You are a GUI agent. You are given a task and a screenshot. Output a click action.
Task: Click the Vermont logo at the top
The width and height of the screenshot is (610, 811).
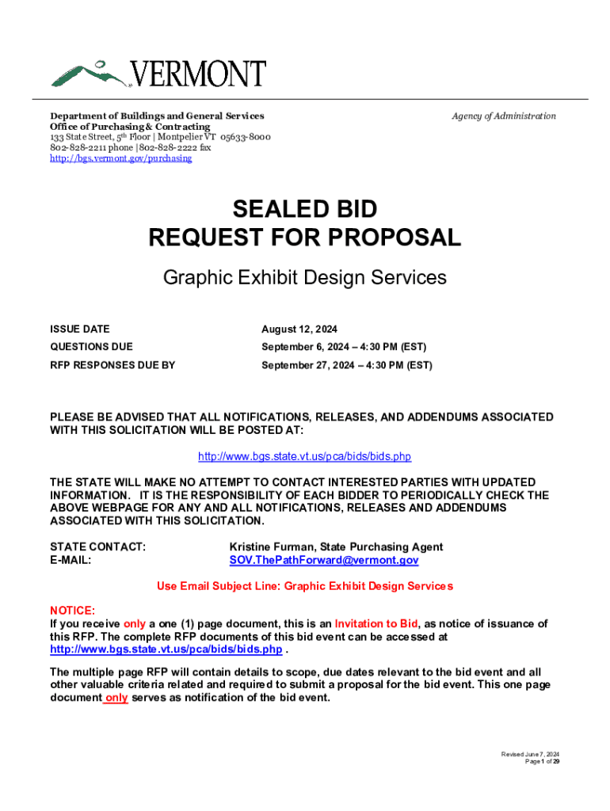[x=158, y=73]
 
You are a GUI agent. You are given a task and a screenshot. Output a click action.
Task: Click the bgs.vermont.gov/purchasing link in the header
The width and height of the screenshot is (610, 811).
[x=120, y=158]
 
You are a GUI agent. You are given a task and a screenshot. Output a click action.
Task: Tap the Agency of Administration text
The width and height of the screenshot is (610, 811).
[x=504, y=116]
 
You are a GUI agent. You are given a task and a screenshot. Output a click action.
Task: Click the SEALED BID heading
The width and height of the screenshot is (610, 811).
[x=304, y=210]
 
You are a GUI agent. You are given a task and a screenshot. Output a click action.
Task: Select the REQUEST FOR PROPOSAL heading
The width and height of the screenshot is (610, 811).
[x=304, y=237]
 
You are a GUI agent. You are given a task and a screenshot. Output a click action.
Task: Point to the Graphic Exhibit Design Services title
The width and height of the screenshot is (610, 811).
[x=304, y=278]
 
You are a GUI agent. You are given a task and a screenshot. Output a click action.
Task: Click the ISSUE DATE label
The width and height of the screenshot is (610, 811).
[x=80, y=329]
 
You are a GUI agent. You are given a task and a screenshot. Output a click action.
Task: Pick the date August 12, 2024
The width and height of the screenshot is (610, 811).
[x=299, y=329]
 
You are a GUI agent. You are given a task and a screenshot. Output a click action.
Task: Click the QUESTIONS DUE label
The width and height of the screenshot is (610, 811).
[x=91, y=347]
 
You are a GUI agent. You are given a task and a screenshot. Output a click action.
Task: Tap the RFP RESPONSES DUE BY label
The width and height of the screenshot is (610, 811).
[x=112, y=365]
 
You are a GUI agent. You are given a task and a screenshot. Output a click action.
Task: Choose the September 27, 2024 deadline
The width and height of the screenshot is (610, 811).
[x=346, y=365]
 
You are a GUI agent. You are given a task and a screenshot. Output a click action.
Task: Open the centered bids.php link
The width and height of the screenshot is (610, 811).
[x=304, y=457]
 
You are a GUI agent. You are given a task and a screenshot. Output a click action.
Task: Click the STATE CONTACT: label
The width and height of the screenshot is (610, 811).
[x=97, y=547]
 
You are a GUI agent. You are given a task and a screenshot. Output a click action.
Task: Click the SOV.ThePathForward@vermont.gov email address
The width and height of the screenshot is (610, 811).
[x=323, y=561]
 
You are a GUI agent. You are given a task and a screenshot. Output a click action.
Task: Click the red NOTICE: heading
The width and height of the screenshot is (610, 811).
[x=72, y=611]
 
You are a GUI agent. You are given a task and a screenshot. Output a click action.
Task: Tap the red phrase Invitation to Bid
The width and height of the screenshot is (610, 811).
[x=376, y=623]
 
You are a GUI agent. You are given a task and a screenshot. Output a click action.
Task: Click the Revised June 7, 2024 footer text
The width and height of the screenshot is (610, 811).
[x=530, y=754]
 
